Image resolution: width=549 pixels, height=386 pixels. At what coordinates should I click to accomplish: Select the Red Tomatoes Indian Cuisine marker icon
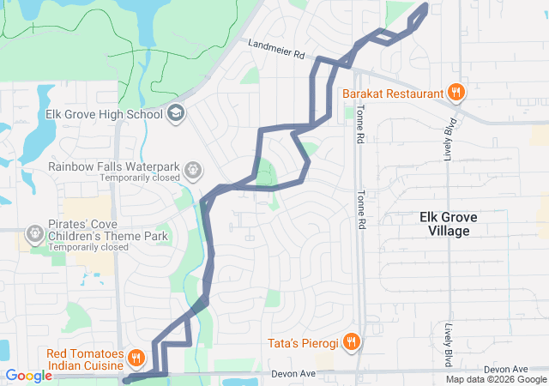136,357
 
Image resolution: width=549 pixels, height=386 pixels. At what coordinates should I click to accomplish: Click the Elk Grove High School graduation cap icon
176,113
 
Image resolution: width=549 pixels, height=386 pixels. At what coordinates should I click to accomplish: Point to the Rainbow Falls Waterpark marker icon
193,169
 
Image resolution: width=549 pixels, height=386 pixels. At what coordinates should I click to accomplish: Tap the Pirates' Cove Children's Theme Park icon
35,232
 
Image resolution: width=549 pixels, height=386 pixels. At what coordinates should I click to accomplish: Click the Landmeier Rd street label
277,48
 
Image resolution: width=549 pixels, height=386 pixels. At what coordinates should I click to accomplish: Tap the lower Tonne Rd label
362,208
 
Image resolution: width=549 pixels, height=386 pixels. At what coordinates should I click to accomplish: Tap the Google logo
29,375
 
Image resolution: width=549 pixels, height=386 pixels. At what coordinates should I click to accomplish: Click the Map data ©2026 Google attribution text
496,379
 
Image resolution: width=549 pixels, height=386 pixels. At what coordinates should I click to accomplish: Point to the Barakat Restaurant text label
392,93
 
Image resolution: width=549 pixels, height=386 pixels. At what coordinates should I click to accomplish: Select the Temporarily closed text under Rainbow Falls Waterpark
139,178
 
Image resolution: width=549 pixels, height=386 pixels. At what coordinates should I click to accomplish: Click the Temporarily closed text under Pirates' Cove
88,247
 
